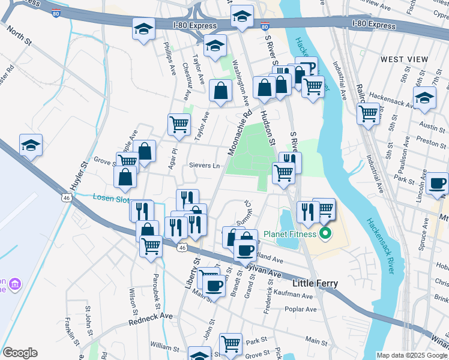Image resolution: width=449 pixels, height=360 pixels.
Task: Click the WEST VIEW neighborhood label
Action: click(404, 59)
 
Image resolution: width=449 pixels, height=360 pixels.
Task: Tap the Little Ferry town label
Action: click(315, 283)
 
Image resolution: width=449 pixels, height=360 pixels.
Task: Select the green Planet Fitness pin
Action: click(326, 233)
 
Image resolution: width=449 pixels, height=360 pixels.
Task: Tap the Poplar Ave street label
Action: click(301, 310)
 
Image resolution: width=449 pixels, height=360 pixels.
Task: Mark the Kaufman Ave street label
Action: click(292, 295)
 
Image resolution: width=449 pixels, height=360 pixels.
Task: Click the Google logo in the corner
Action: click(20, 352)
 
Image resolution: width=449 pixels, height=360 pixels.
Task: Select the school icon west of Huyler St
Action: click(31, 145)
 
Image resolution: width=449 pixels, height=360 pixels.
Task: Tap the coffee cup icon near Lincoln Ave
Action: click(436, 182)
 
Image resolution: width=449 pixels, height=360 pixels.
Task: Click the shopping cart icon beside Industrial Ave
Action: click(368, 113)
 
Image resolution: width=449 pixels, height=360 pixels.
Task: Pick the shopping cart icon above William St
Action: click(231, 344)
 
